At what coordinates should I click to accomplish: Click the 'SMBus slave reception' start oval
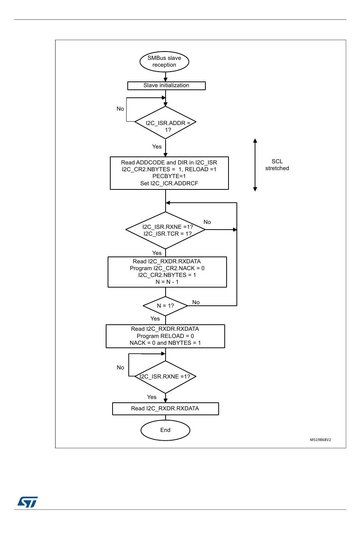pyautogui.click(x=164, y=61)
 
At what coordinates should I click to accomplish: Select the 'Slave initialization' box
pyautogui.click(x=166, y=86)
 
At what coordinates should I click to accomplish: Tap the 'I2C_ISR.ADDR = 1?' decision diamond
pyautogui.click(x=165, y=122)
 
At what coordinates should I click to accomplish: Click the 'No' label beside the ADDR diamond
pyautogui.click(x=120, y=109)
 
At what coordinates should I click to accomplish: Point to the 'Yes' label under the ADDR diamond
pyautogui.click(x=157, y=147)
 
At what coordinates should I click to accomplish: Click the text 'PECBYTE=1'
pyautogui.click(x=169, y=176)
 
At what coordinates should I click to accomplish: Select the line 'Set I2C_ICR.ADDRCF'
pyautogui.click(x=169, y=183)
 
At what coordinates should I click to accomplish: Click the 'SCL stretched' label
pyautogui.click(x=277, y=165)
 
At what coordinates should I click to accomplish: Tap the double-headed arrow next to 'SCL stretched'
pyautogui.click(x=255, y=165)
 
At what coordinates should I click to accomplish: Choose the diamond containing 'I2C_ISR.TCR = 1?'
pyautogui.click(x=165, y=230)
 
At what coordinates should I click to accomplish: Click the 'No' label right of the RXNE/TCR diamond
pyautogui.click(x=207, y=222)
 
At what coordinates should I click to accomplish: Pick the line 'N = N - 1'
pyautogui.click(x=167, y=282)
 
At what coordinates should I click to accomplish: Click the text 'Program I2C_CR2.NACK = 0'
pyautogui.click(x=167, y=268)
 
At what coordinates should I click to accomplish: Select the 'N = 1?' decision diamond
pyautogui.click(x=165, y=306)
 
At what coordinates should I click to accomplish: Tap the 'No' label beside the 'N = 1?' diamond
pyautogui.click(x=196, y=302)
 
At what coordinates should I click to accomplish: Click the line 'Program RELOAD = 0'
pyautogui.click(x=165, y=336)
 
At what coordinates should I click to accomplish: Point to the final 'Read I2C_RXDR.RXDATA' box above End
pyautogui.click(x=166, y=408)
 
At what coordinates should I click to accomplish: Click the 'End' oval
pyautogui.click(x=165, y=430)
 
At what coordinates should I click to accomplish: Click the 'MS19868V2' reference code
pyautogui.click(x=320, y=439)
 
